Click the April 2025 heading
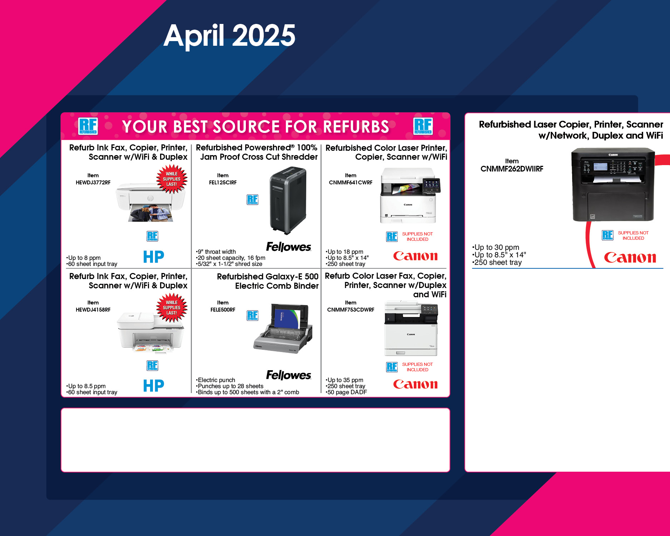[229, 35]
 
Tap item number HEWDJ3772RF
[93, 183]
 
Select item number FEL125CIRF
[223, 183]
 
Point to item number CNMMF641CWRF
[351, 183]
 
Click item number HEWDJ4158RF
[93, 310]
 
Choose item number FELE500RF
[223, 310]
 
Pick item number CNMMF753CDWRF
[351, 310]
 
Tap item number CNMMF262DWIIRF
[512, 169]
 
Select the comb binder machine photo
[283, 328]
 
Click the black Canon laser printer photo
[613, 184]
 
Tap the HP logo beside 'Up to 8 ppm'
[154, 257]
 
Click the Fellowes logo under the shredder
[289, 247]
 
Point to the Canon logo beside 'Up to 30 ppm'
[630, 258]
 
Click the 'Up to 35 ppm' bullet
[344, 380]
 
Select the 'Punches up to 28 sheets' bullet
[229, 386]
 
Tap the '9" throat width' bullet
[216, 252]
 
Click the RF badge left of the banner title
[88, 126]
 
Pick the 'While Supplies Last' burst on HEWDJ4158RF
[172, 308]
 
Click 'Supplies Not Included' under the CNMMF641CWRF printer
[417, 237]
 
